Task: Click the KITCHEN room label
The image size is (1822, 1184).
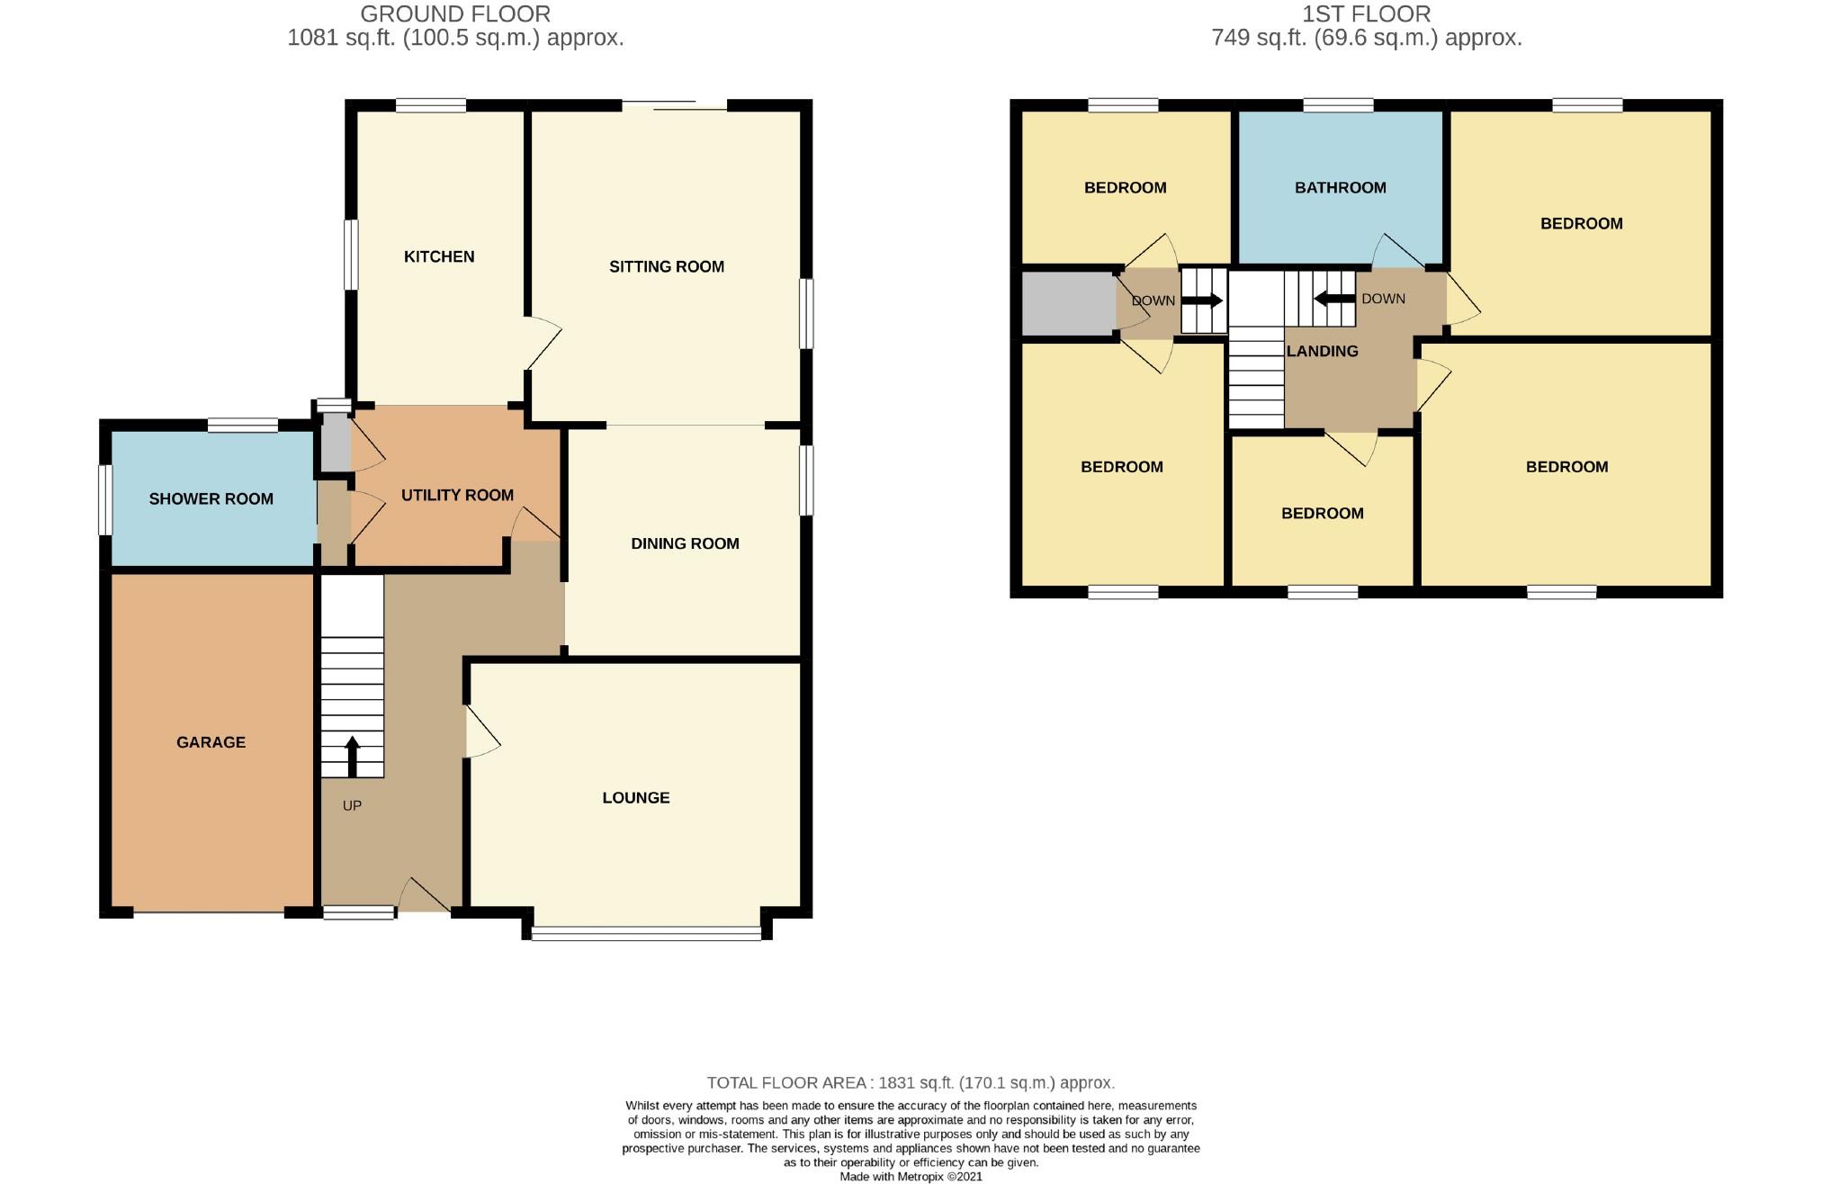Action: click(x=439, y=256)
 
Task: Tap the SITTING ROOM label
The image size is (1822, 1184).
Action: click(x=666, y=266)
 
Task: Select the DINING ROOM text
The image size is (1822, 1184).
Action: click(x=685, y=543)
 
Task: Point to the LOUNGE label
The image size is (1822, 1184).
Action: click(x=635, y=797)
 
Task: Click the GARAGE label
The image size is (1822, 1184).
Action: click(x=211, y=742)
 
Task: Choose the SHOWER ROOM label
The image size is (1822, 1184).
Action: click(x=211, y=498)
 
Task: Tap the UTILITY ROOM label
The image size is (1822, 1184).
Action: click(x=457, y=495)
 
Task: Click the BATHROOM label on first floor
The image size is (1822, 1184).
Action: click(x=1340, y=187)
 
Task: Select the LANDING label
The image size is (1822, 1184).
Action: click(x=1322, y=351)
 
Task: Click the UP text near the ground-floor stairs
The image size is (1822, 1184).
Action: click(x=352, y=805)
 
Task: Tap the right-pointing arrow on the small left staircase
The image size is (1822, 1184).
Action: click(x=1206, y=300)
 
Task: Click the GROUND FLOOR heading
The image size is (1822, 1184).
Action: click(x=455, y=13)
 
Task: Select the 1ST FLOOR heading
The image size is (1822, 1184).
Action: click(x=1366, y=13)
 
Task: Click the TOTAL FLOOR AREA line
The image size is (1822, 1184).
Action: click(x=911, y=1082)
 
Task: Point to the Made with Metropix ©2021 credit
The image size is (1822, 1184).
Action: click(x=911, y=1176)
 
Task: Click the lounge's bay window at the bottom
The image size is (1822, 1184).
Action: click(x=646, y=935)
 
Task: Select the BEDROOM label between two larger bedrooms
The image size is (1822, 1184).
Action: click(x=1322, y=513)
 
